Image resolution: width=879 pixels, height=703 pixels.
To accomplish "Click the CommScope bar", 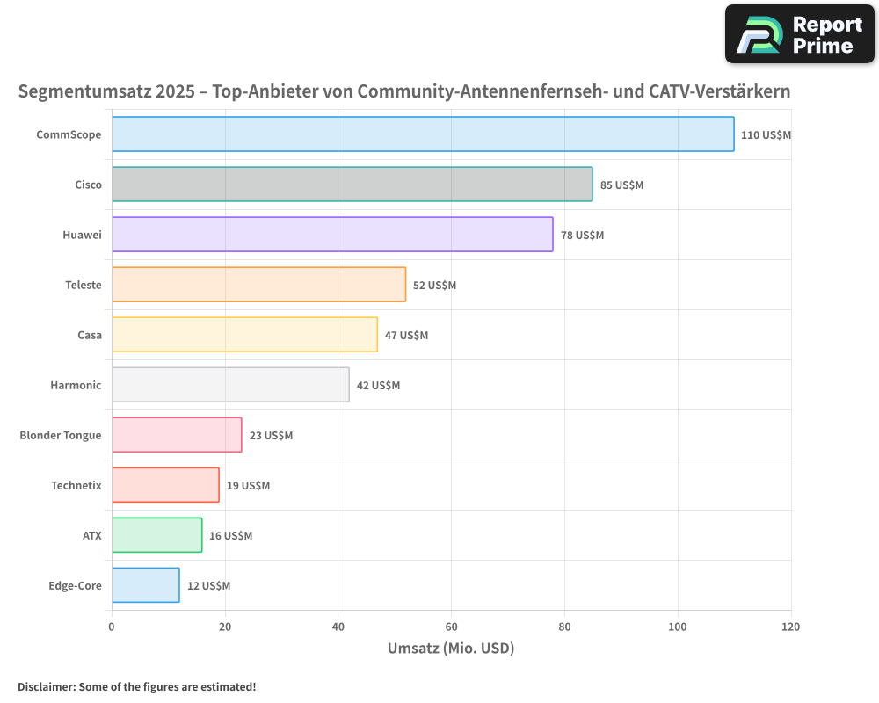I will click(422, 134).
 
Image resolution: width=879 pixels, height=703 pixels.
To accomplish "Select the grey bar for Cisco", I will click(352, 185).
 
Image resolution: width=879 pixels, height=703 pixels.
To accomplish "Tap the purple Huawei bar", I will click(332, 235).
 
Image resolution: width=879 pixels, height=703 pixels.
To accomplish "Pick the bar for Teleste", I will click(258, 285).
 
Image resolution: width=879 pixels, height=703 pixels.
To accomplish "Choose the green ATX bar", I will click(156, 535).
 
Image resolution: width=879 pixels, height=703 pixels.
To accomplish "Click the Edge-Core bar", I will click(145, 585).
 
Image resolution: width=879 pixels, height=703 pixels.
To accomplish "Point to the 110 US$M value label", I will click(766, 135).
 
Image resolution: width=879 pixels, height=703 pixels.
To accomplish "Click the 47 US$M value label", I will click(406, 336).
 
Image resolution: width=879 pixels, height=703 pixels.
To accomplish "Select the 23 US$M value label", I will click(271, 436).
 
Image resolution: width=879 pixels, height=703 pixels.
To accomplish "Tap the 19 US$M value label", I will click(248, 486).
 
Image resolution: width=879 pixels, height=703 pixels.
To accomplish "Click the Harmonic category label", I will click(76, 385).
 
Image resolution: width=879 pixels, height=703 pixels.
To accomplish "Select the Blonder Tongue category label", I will click(61, 435).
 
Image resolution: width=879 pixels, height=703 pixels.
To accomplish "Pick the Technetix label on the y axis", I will click(76, 485).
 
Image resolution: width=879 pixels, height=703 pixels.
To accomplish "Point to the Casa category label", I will click(89, 335).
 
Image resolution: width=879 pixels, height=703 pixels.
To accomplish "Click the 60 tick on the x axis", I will click(451, 627).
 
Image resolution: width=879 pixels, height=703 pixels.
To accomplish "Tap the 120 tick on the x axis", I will click(790, 627).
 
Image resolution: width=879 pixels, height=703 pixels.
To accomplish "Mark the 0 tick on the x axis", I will click(112, 627).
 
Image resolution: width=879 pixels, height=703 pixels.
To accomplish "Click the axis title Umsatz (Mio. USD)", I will click(450, 649).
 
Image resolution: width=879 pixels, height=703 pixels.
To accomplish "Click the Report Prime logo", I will click(799, 34).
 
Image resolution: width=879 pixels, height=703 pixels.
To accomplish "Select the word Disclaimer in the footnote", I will click(46, 686).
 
